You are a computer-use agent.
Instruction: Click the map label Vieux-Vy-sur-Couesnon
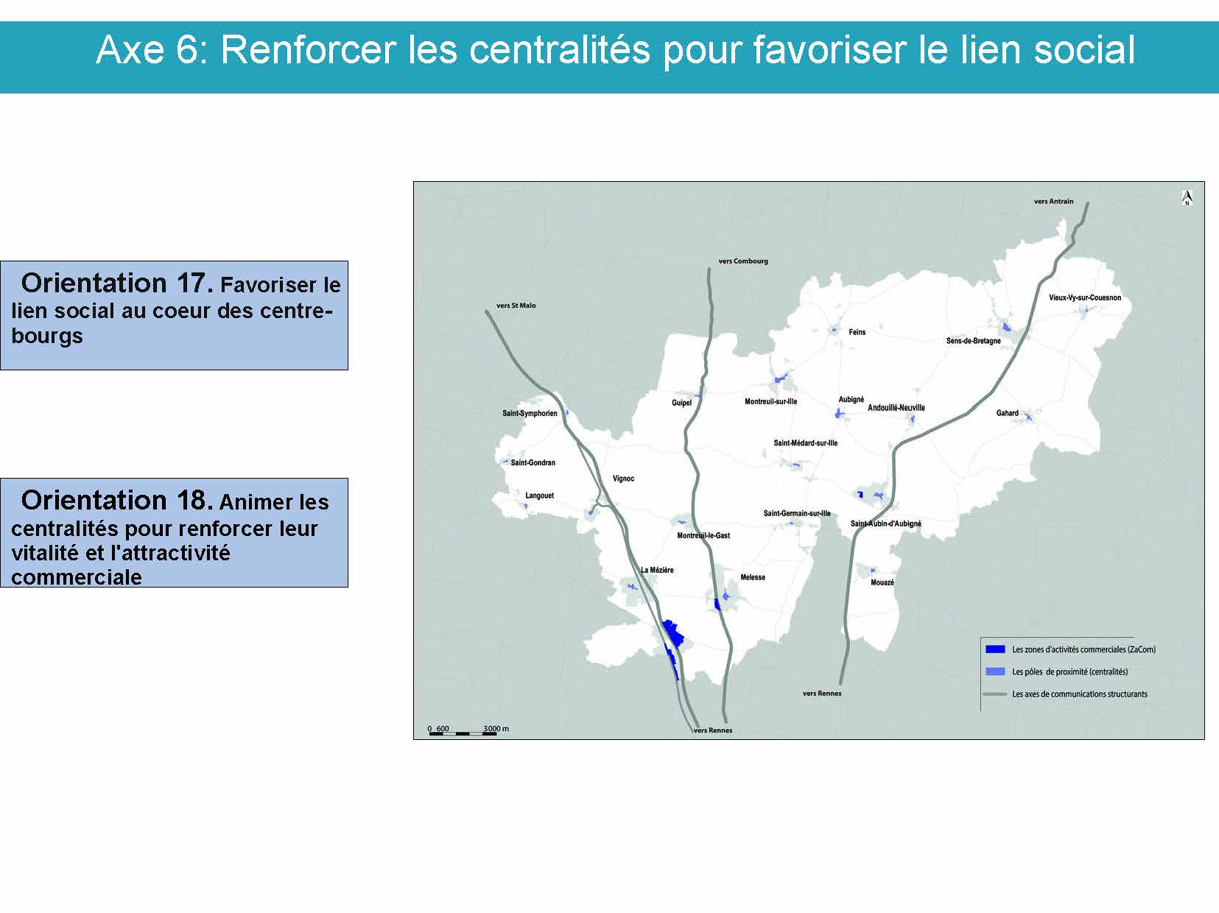click(1085, 297)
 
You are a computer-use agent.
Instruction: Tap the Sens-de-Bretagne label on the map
click(973, 341)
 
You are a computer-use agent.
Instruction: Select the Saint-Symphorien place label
click(530, 414)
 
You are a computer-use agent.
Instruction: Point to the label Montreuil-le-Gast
click(703, 535)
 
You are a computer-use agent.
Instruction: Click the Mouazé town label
click(882, 582)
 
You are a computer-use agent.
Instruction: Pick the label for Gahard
click(1007, 413)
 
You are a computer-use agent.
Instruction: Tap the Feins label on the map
click(857, 333)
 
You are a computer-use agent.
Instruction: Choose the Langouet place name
click(539, 496)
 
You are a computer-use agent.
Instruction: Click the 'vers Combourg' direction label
click(743, 261)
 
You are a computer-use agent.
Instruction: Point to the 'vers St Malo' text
click(516, 306)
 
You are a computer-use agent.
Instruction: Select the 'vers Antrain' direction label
click(1053, 202)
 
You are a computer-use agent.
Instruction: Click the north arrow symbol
click(1187, 198)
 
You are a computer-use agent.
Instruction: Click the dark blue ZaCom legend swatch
click(994, 649)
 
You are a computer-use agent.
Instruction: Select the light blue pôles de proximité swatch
click(994, 671)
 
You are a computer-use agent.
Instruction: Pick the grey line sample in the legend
click(994, 694)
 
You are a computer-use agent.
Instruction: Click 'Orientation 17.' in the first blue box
click(117, 283)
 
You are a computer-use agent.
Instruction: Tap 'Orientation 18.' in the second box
click(117, 501)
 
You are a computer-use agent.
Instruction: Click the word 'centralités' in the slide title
click(559, 50)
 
